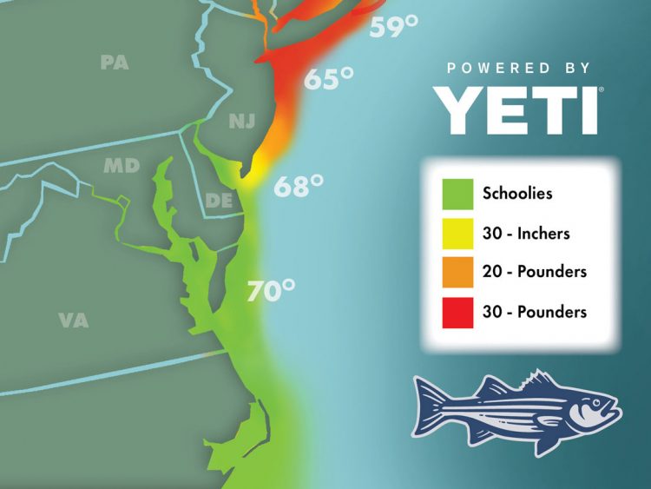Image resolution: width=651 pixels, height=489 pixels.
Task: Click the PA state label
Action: click(x=115, y=63)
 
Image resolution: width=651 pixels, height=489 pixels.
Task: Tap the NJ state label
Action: click(x=242, y=122)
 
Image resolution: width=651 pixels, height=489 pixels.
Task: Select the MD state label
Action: click(x=122, y=165)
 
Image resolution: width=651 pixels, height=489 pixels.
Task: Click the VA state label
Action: click(x=73, y=320)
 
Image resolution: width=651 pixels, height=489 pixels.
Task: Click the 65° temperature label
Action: click(x=328, y=80)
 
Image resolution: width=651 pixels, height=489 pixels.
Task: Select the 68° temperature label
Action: click(x=299, y=186)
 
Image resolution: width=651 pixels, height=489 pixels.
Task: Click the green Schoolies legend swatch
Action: click(x=457, y=193)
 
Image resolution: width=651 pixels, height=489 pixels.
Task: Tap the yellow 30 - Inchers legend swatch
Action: click(x=457, y=233)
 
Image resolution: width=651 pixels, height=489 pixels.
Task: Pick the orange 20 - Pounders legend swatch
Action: click(x=457, y=272)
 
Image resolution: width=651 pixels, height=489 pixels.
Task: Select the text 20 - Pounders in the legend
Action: click(x=535, y=272)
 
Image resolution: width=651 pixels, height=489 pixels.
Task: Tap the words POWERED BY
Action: click(x=519, y=68)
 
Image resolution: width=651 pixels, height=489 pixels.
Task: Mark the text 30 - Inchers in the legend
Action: click(x=526, y=233)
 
